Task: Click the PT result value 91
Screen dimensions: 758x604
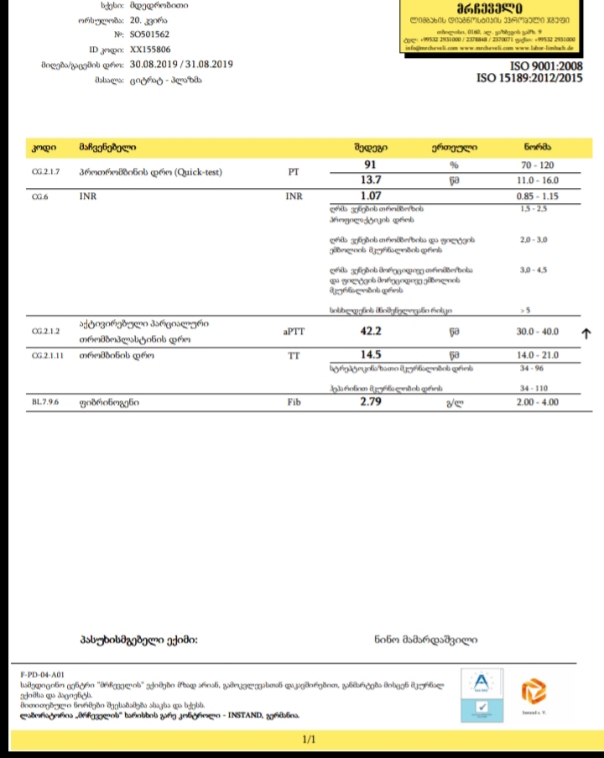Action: (x=370, y=165)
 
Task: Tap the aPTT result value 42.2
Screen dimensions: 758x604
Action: (x=370, y=332)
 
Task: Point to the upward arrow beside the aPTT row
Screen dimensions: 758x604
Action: (x=586, y=333)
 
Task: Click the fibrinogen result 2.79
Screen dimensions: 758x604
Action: (x=370, y=403)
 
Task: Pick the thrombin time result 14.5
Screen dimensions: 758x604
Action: (x=370, y=354)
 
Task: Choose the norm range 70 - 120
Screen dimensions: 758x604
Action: (x=537, y=165)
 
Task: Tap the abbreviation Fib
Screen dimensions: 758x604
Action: (x=294, y=404)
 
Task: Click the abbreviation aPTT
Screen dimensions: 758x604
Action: (x=294, y=332)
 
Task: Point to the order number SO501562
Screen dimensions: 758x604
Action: (x=150, y=34)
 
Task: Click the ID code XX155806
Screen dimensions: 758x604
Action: (x=150, y=50)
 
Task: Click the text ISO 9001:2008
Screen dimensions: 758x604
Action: (x=545, y=65)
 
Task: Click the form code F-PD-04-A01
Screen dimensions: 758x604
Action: (x=42, y=674)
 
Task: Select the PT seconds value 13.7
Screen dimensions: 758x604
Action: (x=370, y=180)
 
